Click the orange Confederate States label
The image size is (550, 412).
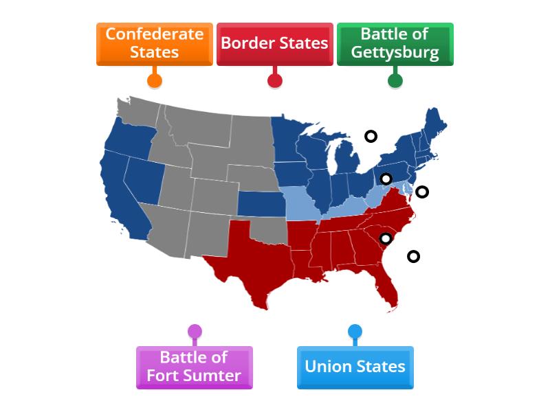(155, 43)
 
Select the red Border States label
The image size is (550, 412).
(274, 43)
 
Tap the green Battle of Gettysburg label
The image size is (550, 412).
(395, 43)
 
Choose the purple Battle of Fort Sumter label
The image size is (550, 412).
(195, 367)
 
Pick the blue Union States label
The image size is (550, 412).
(355, 367)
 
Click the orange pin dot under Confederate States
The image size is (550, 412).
(155, 80)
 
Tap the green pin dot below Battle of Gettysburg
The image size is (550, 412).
(395, 80)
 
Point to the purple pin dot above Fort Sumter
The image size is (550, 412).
(195, 332)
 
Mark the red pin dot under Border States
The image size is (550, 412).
(274, 80)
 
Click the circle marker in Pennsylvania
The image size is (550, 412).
(386, 179)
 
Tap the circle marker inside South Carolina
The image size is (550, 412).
(386, 238)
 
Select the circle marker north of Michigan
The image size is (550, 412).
(371, 136)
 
